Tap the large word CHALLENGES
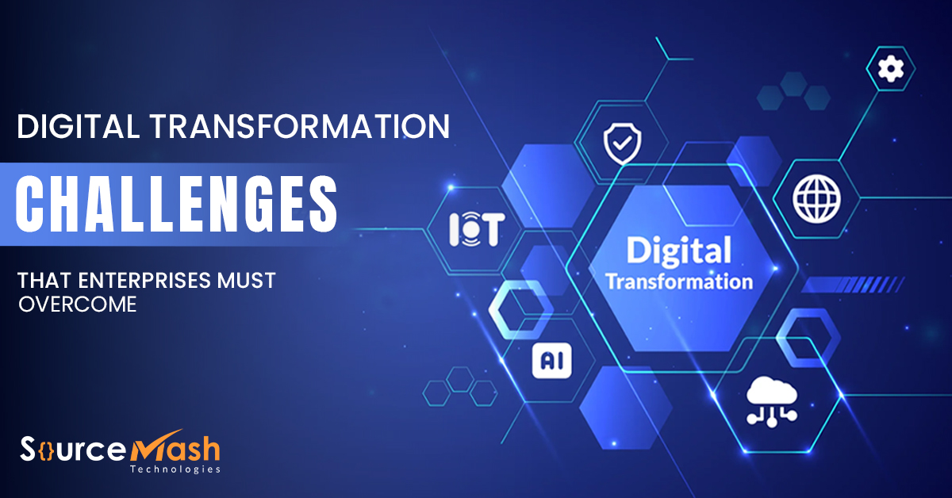click(x=175, y=203)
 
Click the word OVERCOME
click(x=78, y=305)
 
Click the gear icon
click(x=891, y=70)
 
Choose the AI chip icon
click(x=551, y=361)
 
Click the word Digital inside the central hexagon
click(x=678, y=250)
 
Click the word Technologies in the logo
click(x=175, y=469)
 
